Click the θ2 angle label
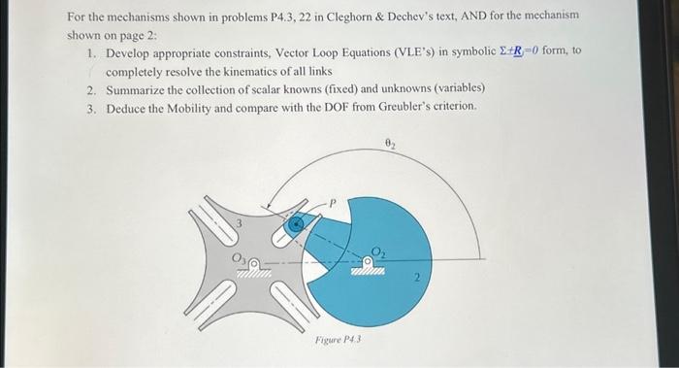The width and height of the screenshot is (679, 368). point(390,144)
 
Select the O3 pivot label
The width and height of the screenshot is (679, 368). point(236,257)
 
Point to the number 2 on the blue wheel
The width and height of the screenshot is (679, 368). point(415,280)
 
